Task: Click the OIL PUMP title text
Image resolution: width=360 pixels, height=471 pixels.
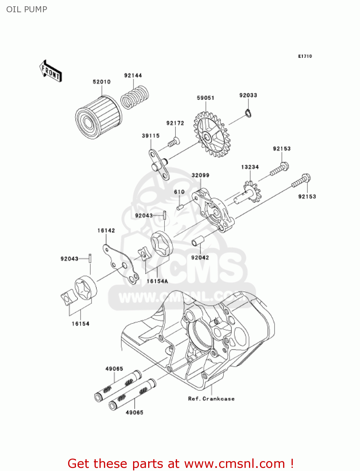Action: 27,9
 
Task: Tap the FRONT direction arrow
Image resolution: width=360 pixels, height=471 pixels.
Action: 50,71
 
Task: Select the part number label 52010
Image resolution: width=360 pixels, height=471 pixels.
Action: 101,82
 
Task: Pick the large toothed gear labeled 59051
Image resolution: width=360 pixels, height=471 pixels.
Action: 212,135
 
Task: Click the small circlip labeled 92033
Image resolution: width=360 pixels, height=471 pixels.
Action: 248,113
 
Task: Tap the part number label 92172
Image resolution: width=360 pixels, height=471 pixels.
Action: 175,123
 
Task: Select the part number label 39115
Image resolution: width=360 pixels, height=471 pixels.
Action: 151,136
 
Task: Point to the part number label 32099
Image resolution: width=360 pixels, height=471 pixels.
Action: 200,175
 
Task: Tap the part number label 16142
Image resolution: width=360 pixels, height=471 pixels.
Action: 106,230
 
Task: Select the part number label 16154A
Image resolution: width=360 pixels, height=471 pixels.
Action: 157,281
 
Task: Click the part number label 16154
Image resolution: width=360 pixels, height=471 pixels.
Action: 80,323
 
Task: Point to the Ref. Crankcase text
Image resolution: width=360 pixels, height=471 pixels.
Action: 211,399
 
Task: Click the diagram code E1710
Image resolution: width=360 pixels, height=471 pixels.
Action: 305,56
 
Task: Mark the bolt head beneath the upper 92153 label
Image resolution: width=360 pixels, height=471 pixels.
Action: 284,165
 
